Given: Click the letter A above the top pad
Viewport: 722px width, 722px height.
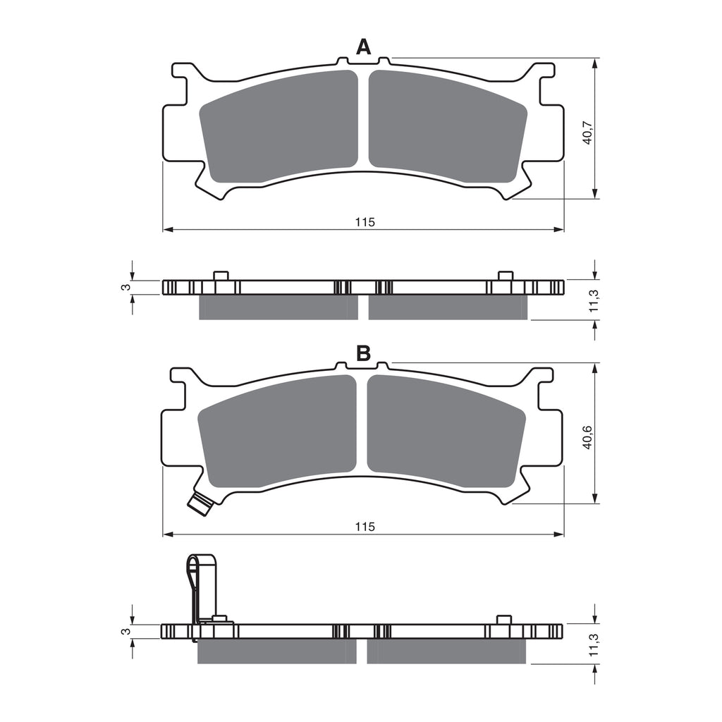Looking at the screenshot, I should (363, 47).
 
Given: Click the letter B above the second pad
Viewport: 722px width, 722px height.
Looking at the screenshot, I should (363, 353).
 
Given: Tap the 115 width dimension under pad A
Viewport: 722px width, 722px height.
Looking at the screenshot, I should (363, 222).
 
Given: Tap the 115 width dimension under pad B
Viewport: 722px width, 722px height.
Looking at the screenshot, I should (363, 527).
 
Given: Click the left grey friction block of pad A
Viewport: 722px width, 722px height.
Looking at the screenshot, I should (279, 127).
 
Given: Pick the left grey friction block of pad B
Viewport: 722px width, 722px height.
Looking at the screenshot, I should (277, 432).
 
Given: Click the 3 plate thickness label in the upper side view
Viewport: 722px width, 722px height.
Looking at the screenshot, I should (124, 287).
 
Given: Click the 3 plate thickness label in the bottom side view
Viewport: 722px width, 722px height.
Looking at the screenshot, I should (124, 632).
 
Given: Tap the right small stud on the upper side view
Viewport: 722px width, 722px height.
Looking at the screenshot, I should (505, 275).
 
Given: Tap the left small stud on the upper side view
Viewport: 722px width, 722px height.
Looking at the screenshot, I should (220, 275).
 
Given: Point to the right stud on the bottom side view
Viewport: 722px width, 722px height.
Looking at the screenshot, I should (503, 620).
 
